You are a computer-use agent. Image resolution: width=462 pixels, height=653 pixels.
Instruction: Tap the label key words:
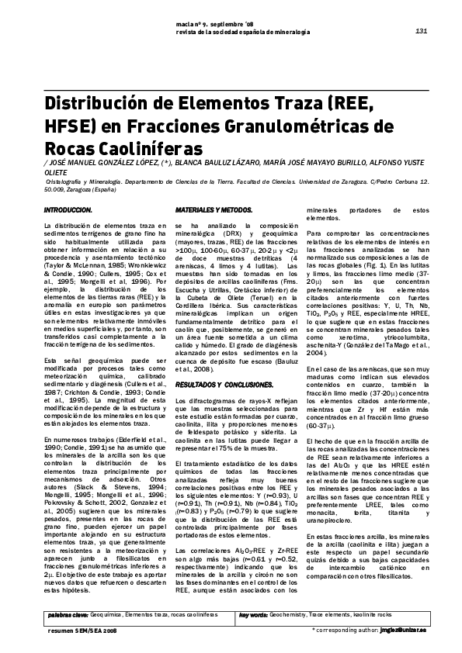point(254,613)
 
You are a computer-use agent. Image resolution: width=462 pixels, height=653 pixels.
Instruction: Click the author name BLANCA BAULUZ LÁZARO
point(225,164)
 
